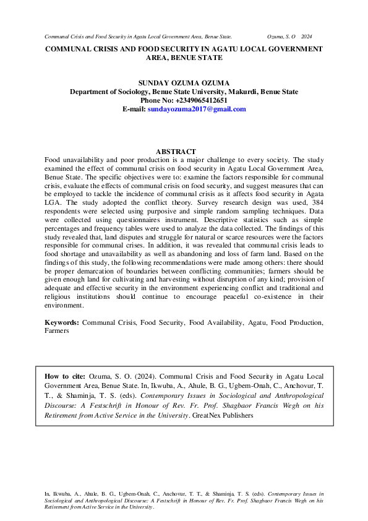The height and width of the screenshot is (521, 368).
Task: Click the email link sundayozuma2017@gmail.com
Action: (x=197, y=109)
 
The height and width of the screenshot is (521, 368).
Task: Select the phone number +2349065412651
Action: (x=201, y=100)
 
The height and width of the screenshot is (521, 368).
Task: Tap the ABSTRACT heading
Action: (x=176, y=152)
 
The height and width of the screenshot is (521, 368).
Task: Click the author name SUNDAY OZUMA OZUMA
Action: (x=184, y=83)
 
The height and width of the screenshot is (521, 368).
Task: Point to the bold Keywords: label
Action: (x=62, y=323)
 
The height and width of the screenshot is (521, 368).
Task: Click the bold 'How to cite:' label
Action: (x=65, y=376)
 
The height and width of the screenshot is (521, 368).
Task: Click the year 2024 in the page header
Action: (x=307, y=38)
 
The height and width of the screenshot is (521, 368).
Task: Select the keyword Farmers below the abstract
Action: (x=57, y=331)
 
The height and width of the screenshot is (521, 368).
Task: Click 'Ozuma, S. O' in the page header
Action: (x=281, y=38)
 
